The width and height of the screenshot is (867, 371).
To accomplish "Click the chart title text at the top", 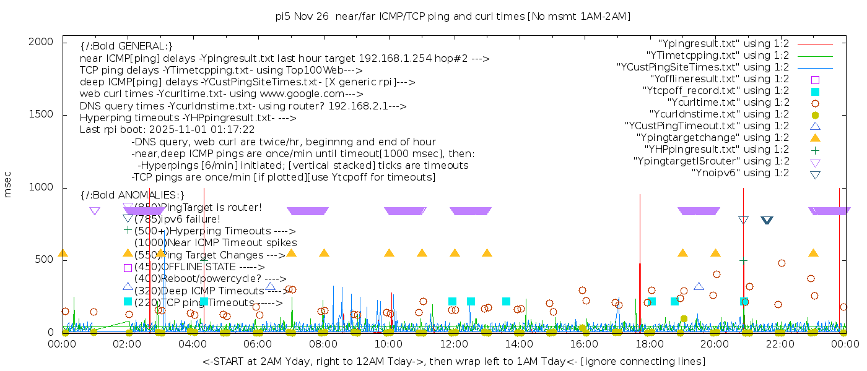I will [x=453, y=17].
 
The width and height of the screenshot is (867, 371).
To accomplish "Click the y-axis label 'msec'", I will [x=8, y=185].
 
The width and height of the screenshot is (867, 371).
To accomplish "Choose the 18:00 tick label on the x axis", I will [x=650, y=344].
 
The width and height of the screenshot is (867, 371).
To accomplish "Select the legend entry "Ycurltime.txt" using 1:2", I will [x=728, y=103].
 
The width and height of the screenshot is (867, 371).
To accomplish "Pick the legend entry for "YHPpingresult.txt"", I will [x=717, y=150].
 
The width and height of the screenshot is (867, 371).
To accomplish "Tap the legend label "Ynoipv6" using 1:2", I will [x=740, y=173].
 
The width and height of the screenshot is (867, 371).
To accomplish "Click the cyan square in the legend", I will [x=816, y=92].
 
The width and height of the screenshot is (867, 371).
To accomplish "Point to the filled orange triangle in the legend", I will [x=816, y=138].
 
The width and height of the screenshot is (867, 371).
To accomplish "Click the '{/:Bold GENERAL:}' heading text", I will [x=126, y=46].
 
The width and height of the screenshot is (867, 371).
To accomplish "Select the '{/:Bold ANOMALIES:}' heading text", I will [x=133, y=195].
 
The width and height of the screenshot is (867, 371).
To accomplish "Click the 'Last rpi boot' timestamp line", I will [x=167, y=130].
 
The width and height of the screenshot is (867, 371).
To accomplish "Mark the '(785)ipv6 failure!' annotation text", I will [x=177, y=220].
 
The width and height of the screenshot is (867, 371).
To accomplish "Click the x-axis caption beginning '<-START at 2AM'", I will [x=453, y=361].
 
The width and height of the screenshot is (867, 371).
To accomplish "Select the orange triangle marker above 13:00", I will [x=487, y=253].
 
